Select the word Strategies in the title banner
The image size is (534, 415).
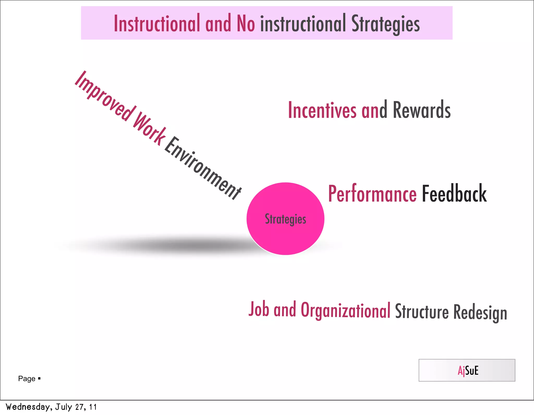click(x=385, y=24)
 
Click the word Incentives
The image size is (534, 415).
click(x=322, y=110)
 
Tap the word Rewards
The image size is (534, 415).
click(x=422, y=110)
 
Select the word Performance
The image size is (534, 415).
click(x=372, y=194)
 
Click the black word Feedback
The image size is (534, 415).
click(x=454, y=194)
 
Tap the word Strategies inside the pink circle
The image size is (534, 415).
click(x=285, y=219)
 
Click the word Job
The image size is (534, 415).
click(x=259, y=309)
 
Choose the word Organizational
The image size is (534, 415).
click(x=345, y=311)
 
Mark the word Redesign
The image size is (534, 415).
click(x=480, y=313)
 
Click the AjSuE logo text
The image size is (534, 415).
click(x=468, y=370)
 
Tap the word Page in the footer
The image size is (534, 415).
click(x=27, y=379)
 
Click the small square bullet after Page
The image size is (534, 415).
click(x=39, y=378)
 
